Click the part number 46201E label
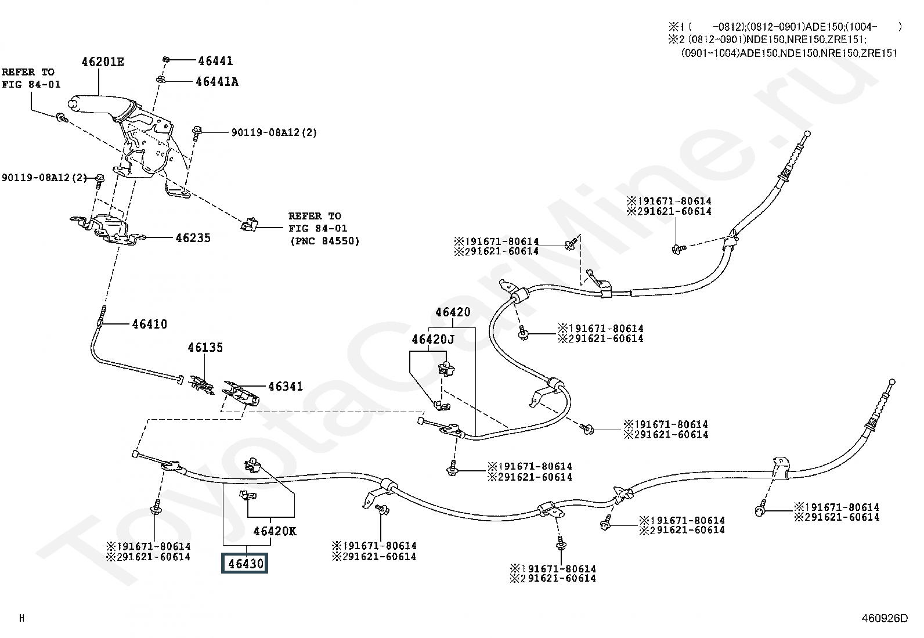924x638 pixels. pos(103,62)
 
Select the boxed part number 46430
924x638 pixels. pos(245,564)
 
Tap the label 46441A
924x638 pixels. pos(217,82)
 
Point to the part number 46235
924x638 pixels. pos(193,238)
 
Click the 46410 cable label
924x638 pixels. pos(149,325)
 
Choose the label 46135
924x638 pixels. pos(205,348)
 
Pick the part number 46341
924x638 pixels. pos(285,387)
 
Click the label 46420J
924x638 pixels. pos(433,339)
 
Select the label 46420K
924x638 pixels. pos(275,531)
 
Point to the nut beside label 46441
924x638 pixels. pos(165,59)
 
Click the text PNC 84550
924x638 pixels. pos(324,241)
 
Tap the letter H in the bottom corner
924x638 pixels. pos(21,618)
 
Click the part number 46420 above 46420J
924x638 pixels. pos(453,312)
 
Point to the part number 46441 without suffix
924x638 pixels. pos(215,61)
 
